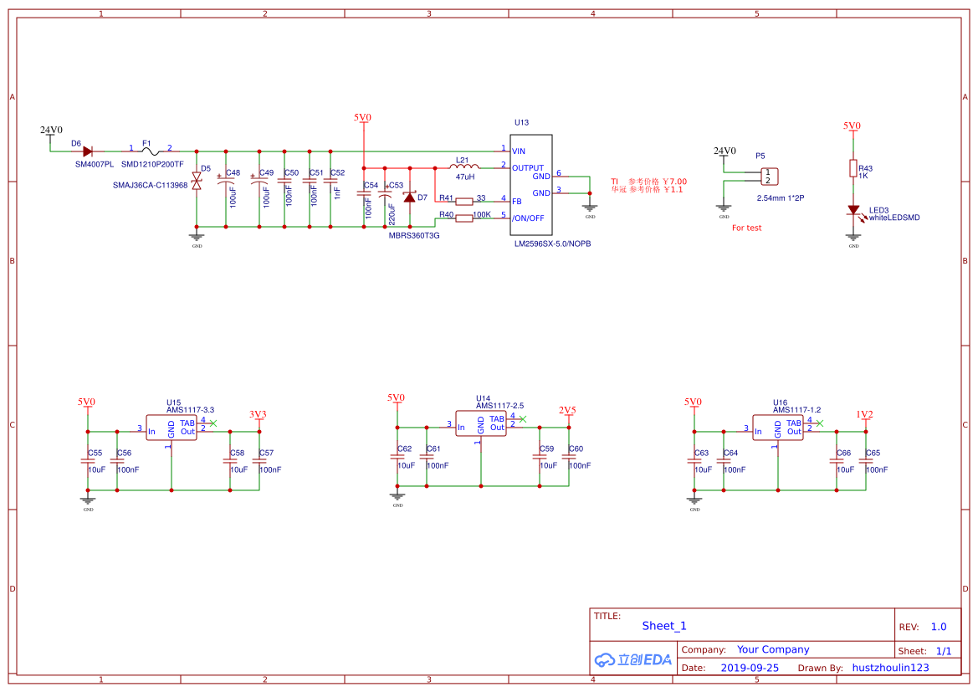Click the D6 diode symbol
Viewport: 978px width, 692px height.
pyautogui.click(x=87, y=151)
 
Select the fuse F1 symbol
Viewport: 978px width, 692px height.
pyautogui.click(x=151, y=151)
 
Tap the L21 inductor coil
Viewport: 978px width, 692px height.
pyautogui.click(x=464, y=167)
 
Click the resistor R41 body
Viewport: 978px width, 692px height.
pyautogui.click(x=465, y=202)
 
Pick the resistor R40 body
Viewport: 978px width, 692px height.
pyautogui.click(x=465, y=218)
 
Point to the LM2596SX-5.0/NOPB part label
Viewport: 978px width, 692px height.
pyautogui.click(x=552, y=243)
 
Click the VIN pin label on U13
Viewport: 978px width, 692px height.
pyautogui.click(x=519, y=151)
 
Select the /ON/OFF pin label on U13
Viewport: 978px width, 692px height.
pyautogui.click(x=528, y=218)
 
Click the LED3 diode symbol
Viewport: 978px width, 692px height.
pyautogui.click(x=853, y=211)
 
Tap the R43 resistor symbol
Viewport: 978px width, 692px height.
pyautogui.click(x=853, y=168)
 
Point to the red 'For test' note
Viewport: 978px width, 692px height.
pyautogui.click(x=746, y=228)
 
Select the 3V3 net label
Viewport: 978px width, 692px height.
pyautogui.click(x=258, y=414)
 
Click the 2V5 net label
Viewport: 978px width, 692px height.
pyautogui.click(x=567, y=410)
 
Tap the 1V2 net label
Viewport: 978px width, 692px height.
pyautogui.click(x=864, y=414)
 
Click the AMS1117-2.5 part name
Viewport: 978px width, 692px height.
pyautogui.click(x=499, y=405)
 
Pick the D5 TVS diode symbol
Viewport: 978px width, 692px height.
pyautogui.click(x=197, y=181)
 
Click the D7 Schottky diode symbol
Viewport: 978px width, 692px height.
pyautogui.click(x=410, y=197)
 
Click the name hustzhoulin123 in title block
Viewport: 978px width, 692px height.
pyautogui.click(x=890, y=668)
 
